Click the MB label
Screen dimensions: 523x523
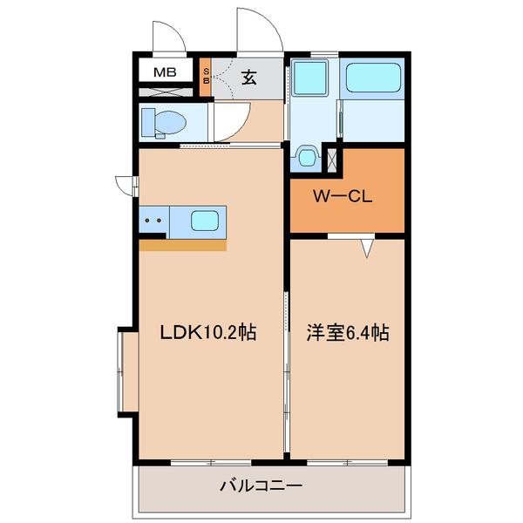point(165,72)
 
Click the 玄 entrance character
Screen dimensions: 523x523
point(248,77)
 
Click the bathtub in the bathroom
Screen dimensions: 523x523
point(374,78)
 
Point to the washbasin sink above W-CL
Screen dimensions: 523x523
point(307,158)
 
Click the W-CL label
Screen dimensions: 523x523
point(343,196)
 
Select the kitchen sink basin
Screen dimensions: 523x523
point(206,221)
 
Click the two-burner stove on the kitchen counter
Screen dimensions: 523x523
point(153,221)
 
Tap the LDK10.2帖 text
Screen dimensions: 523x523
point(207,333)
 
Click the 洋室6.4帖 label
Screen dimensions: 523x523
point(347,333)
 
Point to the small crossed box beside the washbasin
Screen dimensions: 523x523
point(331,159)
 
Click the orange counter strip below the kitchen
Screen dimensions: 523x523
point(182,245)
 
